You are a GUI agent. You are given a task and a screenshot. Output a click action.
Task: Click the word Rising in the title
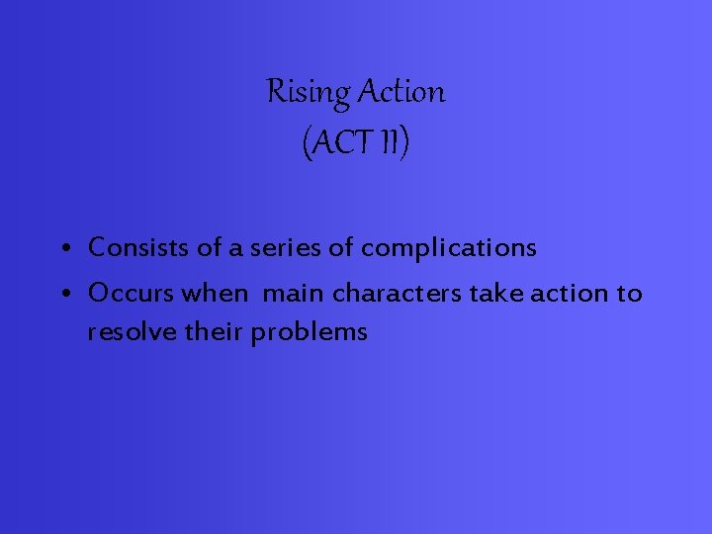point(308,93)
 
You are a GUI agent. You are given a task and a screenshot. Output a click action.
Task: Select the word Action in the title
point(400,93)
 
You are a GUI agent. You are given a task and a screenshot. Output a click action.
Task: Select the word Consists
point(138,247)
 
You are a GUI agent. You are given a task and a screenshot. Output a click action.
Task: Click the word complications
point(448,248)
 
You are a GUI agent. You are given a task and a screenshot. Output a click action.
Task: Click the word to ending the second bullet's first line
point(630,294)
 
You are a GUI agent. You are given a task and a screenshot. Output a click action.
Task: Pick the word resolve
point(124,332)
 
